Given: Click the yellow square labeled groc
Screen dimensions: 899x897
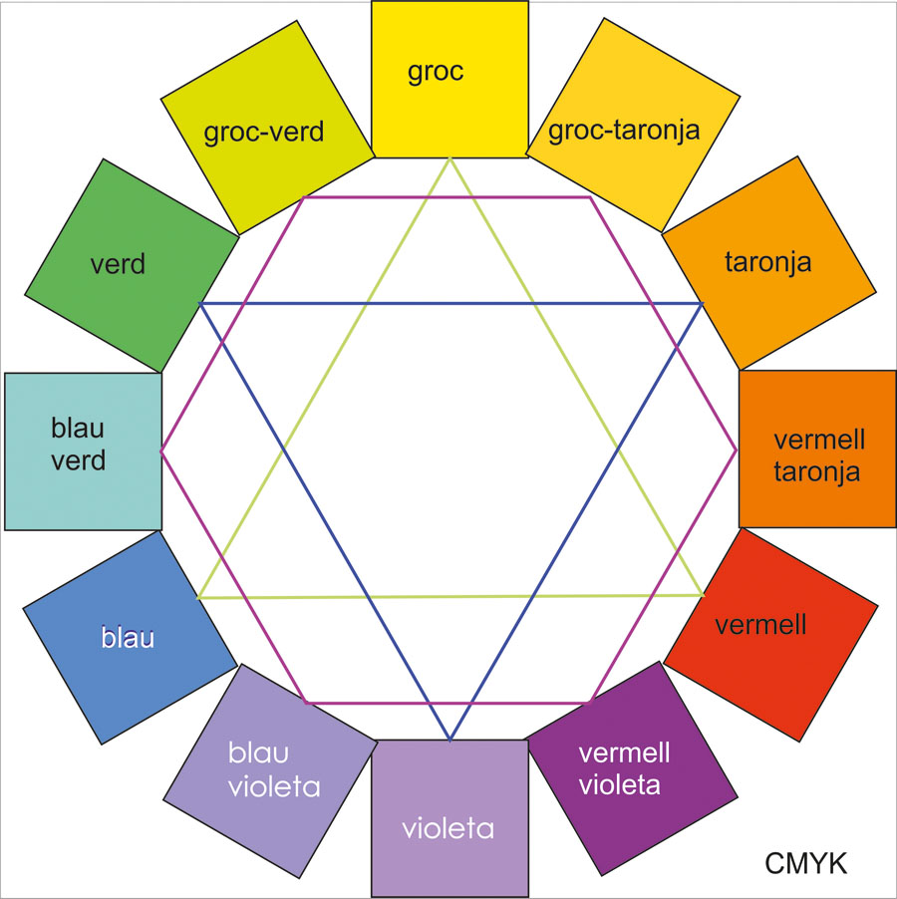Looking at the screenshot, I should pyautogui.click(x=448, y=79).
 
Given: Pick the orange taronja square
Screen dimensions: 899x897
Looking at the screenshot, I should pyautogui.click(x=767, y=263).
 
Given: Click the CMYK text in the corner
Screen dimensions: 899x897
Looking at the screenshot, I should pyautogui.click(x=806, y=863).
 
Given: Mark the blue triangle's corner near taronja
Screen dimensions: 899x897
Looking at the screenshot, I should pyautogui.click(x=703, y=303).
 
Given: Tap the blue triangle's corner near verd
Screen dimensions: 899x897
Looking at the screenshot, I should pyautogui.click(x=200, y=303).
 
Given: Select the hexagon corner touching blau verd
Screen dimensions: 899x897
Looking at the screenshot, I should pyautogui.click(x=161, y=450).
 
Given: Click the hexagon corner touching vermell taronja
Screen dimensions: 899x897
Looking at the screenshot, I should pyautogui.click(x=737, y=450).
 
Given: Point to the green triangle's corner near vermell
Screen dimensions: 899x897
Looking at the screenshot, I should pyautogui.click(x=704, y=595).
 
